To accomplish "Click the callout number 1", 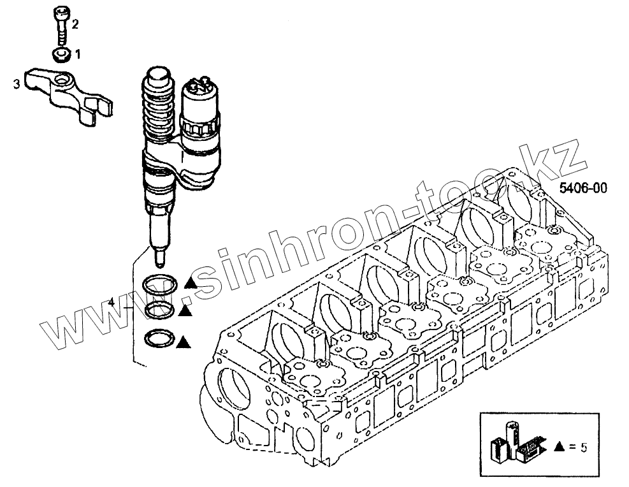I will coord(78,55).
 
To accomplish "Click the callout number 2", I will coord(75,25).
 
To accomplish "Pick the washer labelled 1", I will coord(61,55).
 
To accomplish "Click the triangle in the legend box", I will coord(560,447).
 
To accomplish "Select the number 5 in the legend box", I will coord(584,447).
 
